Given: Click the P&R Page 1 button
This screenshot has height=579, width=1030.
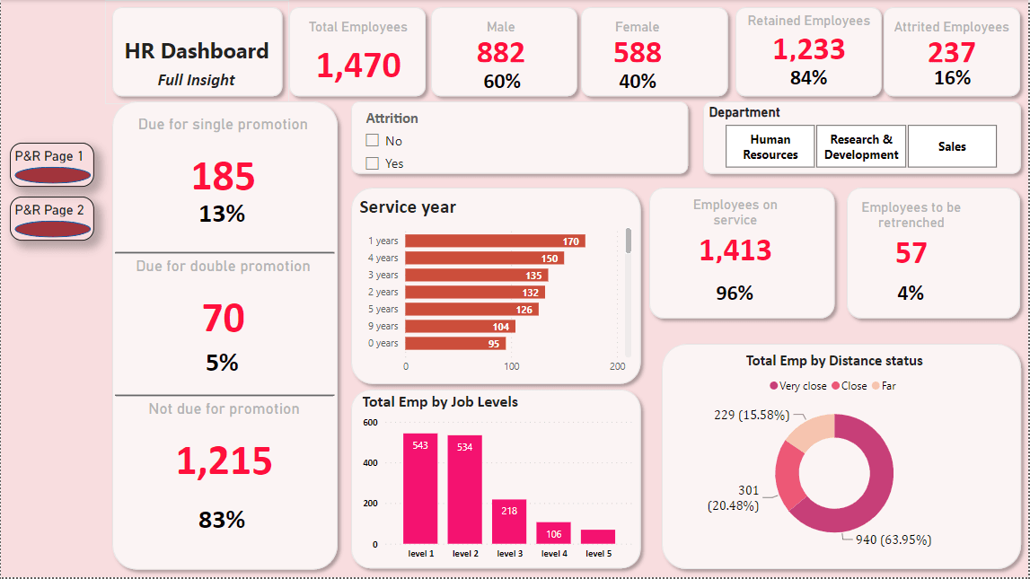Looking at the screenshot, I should [52, 164].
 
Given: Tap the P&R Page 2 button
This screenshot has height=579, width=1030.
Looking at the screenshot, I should [52, 218].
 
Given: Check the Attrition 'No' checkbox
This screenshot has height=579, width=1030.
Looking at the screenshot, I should [373, 141].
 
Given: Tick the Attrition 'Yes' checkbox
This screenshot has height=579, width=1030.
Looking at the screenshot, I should [373, 163].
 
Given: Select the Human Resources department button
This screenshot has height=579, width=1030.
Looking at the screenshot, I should [770, 146].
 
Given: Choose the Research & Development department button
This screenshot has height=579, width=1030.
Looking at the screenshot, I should [861, 146].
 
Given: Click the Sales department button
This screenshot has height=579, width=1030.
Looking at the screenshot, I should [952, 146].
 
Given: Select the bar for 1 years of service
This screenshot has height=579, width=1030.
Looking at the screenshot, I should [495, 241].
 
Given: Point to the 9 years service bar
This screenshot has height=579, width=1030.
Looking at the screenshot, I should [460, 327].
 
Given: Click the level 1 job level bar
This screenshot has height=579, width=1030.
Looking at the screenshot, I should [420, 488].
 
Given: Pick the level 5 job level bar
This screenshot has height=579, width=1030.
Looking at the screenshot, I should [598, 536].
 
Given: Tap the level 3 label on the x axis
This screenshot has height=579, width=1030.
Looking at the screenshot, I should [509, 554].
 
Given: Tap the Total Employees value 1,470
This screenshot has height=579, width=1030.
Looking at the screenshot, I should [358, 66].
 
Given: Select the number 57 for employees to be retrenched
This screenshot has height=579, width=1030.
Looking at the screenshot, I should [911, 253].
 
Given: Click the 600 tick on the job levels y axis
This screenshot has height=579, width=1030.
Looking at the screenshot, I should [370, 422].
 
